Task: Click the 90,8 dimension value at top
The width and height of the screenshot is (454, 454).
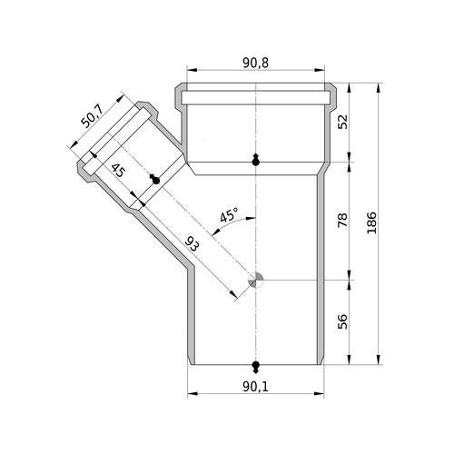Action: tap(255, 63)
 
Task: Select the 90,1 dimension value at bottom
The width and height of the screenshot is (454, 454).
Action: tap(255, 386)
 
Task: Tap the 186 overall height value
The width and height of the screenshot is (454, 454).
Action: tap(371, 223)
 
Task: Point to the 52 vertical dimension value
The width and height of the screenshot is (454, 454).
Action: tap(342, 122)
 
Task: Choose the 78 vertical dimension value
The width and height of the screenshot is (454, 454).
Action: tap(342, 220)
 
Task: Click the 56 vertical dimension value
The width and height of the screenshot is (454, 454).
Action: tap(342, 321)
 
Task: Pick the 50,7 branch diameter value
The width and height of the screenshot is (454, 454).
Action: tap(93, 117)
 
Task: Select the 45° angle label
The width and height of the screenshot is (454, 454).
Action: tap(229, 215)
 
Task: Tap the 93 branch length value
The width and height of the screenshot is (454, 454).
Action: tap(192, 245)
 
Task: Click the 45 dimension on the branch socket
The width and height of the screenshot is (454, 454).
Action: tap(118, 170)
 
